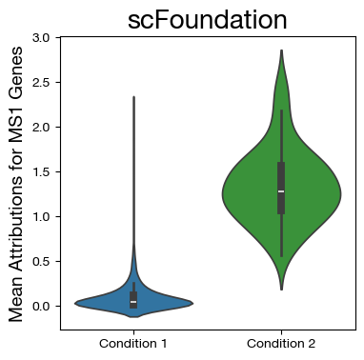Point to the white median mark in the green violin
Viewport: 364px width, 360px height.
pyautogui.click(x=281, y=191)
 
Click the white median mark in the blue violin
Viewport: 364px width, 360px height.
pyautogui.click(x=133, y=302)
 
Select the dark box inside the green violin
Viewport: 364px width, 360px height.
pyautogui.click(x=281, y=176)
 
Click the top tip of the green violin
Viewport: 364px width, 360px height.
pyautogui.click(x=281, y=51)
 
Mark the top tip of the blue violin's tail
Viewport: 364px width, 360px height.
pyautogui.click(x=133, y=97)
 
